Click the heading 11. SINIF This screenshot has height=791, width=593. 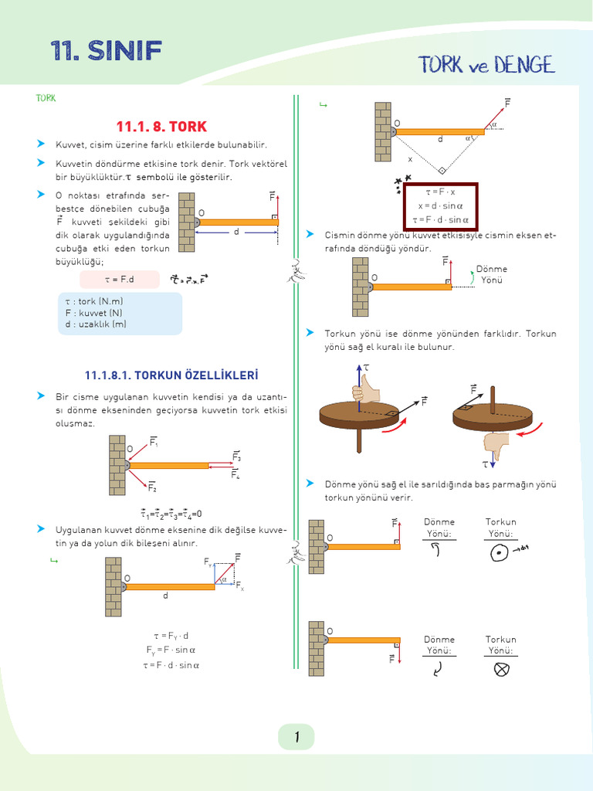click(106, 51)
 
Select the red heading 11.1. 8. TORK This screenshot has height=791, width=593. click(161, 126)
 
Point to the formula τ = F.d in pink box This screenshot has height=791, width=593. click(119, 280)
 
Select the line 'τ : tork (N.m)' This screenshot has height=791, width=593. click(93, 301)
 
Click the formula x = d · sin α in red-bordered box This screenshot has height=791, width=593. click(439, 206)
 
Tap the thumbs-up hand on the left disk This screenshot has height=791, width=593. click(368, 390)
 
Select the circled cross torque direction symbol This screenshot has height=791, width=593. click(501, 670)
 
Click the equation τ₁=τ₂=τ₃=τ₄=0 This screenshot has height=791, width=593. click(171, 514)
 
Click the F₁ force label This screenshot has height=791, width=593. click(154, 443)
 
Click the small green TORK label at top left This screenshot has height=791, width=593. click(46, 98)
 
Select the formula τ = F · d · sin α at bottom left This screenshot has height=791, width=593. click(171, 664)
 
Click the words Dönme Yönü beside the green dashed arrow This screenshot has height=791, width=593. click(492, 274)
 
